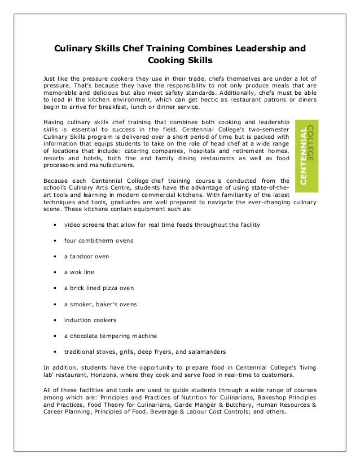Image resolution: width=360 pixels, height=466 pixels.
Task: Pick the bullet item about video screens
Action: pos(162,225)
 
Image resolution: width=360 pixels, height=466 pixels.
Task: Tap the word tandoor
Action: pos(82,256)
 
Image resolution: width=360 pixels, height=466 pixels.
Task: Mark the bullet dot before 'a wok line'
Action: pos(54,272)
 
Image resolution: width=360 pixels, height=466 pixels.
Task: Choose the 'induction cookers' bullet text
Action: pos(90,320)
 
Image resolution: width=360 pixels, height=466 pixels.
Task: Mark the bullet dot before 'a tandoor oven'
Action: pos(54,256)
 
